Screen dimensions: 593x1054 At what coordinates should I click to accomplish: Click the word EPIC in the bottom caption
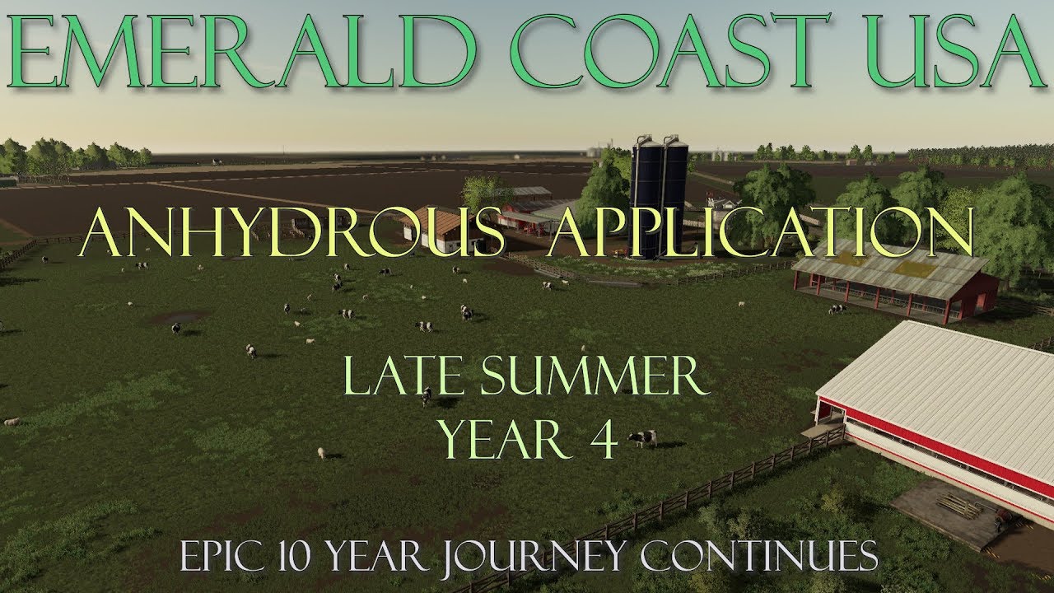pos(219,557)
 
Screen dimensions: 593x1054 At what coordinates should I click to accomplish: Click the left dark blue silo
pos(645,198)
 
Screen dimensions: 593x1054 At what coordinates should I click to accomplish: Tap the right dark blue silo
pos(674,198)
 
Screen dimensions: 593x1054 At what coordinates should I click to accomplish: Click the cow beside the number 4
pos(643,438)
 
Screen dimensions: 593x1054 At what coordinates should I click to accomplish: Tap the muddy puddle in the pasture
pos(177,316)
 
